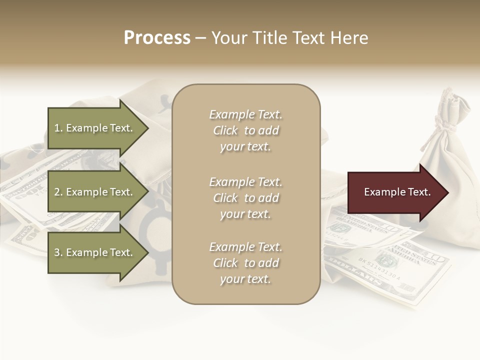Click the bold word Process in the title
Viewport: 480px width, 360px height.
[157, 38]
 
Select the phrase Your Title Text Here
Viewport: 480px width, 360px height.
[289, 38]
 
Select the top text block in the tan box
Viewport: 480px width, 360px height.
[245, 130]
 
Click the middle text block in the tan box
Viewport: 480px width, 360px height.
[245, 198]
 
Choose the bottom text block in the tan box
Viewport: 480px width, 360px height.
[245, 263]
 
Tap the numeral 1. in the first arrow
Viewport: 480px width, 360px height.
[58, 128]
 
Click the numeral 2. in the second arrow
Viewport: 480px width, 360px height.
[58, 192]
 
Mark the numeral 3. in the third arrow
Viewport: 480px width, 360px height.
[58, 252]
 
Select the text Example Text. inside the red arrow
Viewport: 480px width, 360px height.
[397, 192]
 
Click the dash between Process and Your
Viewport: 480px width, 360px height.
[200, 38]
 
